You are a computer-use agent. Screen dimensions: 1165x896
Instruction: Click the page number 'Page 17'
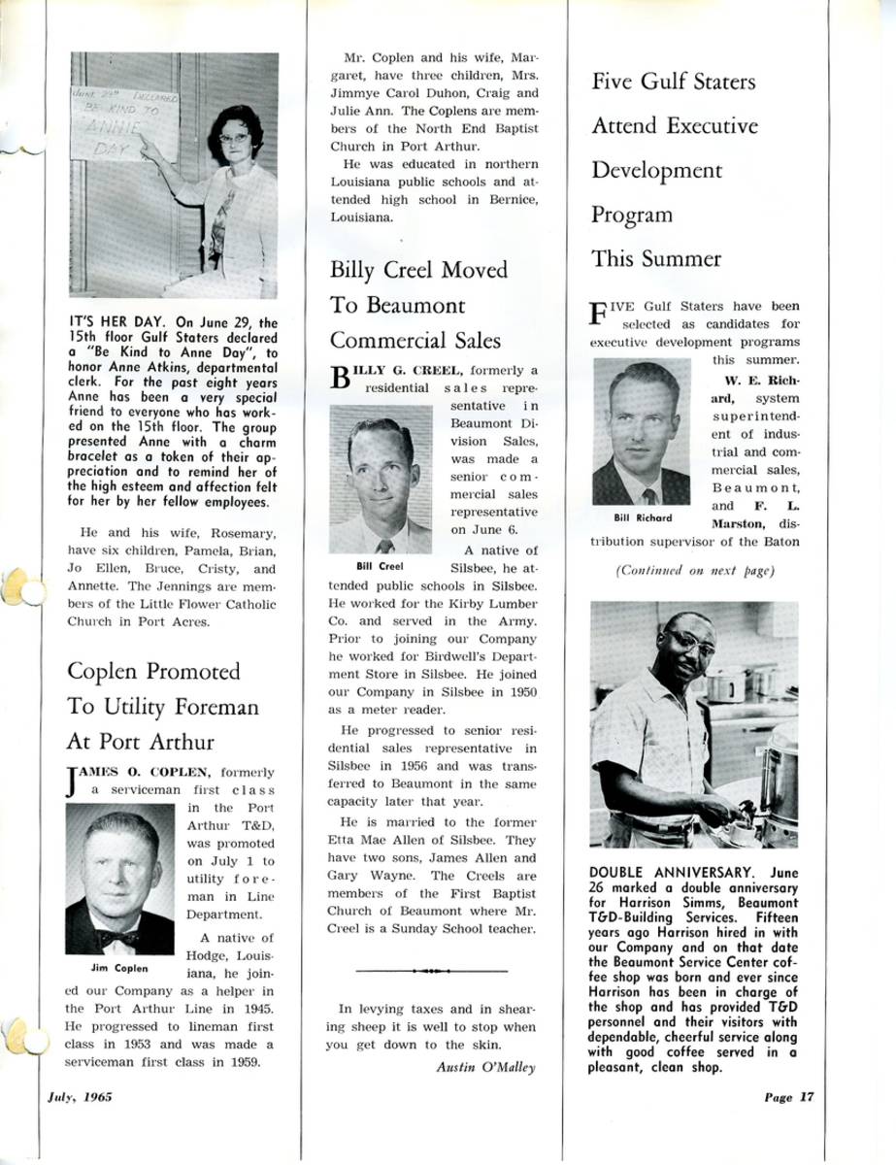tap(788, 1097)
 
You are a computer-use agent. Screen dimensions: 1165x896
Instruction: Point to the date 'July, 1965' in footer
tap(81, 1097)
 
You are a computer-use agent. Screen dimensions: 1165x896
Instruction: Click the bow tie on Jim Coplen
tap(117, 938)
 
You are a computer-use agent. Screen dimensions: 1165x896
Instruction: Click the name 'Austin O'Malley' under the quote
tap(480, 1066)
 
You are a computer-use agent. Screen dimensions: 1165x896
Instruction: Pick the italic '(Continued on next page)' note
tap(695, 570)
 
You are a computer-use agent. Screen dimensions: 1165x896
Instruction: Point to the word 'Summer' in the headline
tap(680, 259)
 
